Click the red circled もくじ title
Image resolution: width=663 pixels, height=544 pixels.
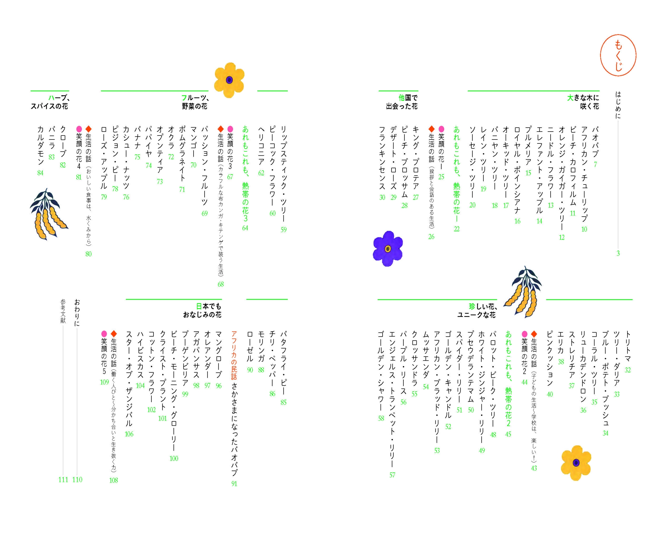coord(618,55)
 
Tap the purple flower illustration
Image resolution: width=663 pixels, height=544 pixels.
coord(388,248)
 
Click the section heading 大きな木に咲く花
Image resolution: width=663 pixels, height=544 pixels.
coord(583,102)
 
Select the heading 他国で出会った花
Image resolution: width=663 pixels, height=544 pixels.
coord(402,102)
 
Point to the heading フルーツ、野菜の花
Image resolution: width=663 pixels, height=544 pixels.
coord(195,102)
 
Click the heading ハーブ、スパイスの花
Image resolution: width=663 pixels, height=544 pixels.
coord(50,102)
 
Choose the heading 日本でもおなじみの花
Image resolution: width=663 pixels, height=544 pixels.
coord(202,310)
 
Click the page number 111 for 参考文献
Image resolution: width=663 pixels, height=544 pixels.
coord(63,479)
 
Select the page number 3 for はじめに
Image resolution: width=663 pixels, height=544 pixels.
coord(618,253)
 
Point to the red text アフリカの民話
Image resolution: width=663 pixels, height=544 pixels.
coord(234,355)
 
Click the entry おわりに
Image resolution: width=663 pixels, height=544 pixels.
coord(77,312)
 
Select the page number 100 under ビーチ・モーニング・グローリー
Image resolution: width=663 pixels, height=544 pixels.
coord(174,459)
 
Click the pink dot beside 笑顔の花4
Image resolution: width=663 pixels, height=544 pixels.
coord(79,129)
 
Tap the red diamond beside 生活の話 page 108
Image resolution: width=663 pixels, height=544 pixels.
coord(114,333)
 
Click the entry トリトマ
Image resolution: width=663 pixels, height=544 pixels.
coord(628,346)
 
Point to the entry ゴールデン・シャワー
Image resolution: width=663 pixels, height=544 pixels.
coord(381,371)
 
